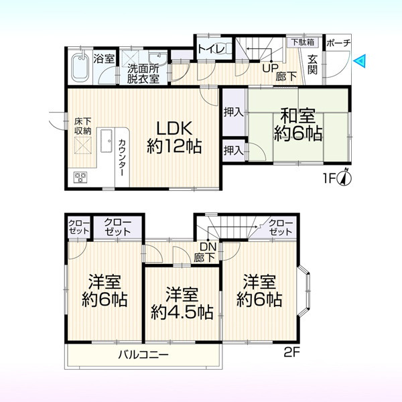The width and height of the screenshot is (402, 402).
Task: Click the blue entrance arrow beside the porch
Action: point(359,61)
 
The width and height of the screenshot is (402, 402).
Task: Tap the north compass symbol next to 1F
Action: point(345,178)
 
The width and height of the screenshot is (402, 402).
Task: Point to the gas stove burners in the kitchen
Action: point(80,177)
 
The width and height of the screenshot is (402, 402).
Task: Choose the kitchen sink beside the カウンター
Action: point(106,141)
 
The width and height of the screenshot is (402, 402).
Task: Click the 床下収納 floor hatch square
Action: point(83,145)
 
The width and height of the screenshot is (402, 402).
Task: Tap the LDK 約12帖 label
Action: point(174,137)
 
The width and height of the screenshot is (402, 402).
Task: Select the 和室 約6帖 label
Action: point(298,125)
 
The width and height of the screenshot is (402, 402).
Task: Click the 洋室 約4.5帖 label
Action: point(182,304)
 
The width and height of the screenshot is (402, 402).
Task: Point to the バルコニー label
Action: point(143,355)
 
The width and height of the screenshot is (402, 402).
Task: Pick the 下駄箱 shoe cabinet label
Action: point(303,42)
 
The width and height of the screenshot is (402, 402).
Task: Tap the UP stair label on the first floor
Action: point(270,68)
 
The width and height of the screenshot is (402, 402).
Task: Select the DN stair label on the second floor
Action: point(208,247)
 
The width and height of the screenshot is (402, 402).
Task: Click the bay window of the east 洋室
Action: point(304,291)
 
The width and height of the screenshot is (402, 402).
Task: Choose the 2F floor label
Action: point(291,352)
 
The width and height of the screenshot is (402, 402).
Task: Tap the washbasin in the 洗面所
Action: point(157,58)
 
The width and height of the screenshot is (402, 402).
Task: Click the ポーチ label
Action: point(338,43)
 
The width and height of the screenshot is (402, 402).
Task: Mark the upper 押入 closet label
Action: point(234,112)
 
